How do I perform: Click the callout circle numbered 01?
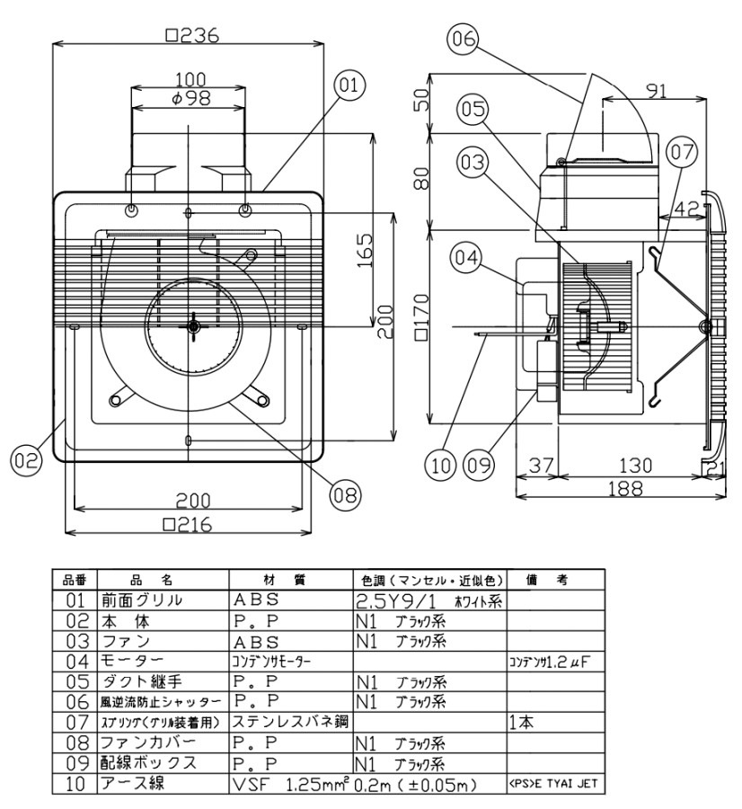[x=349, y=86]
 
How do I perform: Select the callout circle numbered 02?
[x=27, y=460]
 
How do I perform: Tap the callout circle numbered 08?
[x=344, y=493]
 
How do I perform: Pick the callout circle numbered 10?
[x=441, y=465]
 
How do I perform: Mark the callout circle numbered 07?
[x=681, y=153]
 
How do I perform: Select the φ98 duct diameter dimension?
[x=191, y=98]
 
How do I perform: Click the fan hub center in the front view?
[x=192, y=325]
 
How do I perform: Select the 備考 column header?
[x=556, y=580]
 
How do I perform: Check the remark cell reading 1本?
[x=523, y=720]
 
